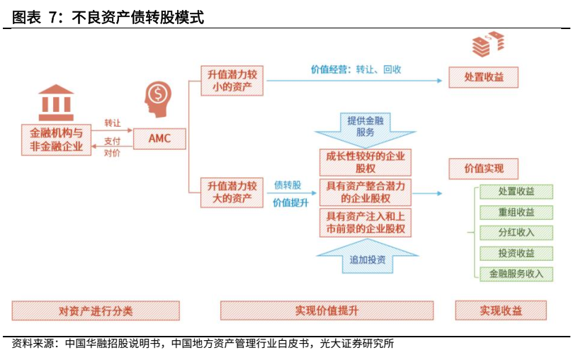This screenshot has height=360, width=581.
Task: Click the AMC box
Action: click(x=159, y=138)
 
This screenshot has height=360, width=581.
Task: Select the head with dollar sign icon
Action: click(x=157, y=99)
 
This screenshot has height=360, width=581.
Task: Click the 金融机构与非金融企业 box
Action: click(x=57, y=140)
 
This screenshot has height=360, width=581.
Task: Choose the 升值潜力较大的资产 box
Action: click(x=232, y=192)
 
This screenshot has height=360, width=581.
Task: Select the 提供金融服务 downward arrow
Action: click(x=366, y=128)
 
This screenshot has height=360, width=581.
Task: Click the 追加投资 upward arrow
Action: click(x=366, y=257)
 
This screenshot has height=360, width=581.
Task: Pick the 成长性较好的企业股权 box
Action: click(x=366, y=162)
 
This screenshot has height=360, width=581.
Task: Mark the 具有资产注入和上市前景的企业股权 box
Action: click(x=366, y=223)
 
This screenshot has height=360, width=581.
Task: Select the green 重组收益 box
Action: click(x=516, y=212)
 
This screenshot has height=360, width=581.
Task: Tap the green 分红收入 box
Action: click(x=516, y=232)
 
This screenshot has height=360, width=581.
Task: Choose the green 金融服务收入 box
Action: click(x=516, y=274)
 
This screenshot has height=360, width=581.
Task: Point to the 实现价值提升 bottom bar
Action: click(x=327, y=310)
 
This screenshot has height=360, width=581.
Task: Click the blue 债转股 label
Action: click(x=288, y=185)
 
